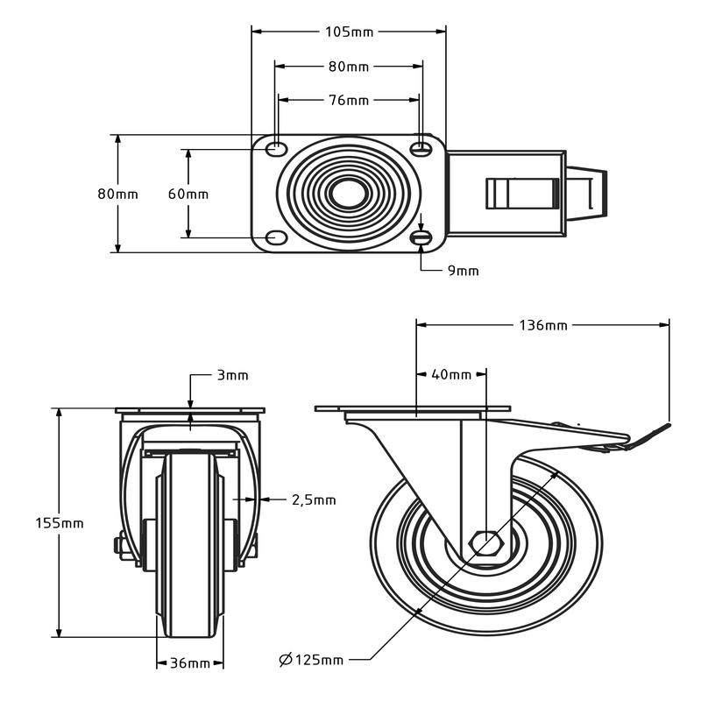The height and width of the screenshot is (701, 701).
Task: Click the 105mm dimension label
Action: tap(349, 32)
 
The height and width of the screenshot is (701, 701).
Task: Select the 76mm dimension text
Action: tap(349, 100)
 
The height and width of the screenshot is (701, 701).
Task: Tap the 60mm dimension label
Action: tap(188, 194)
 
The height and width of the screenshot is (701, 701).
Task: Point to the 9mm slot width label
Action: tap(464, 271)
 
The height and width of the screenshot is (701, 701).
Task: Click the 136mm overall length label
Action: tap(543, 326)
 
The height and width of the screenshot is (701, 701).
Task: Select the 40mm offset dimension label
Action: tap(451, 375)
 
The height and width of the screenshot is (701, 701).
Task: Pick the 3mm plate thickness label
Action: tap(232, 375)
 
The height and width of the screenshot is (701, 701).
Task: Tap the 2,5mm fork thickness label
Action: tap(313, 500)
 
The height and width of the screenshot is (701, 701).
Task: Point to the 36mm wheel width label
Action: tap(190, 663)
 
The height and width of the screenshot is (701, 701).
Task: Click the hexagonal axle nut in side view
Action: tap(486, 545)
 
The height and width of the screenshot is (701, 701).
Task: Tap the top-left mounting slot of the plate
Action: tap(276, 147)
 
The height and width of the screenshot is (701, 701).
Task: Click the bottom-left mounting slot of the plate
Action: tap(276, 237)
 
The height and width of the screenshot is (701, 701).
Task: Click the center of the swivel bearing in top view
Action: tap(349, 193)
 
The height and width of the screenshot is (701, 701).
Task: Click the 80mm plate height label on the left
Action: tap(117, 194)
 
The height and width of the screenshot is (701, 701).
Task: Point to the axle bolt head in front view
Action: tap(119, 547)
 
